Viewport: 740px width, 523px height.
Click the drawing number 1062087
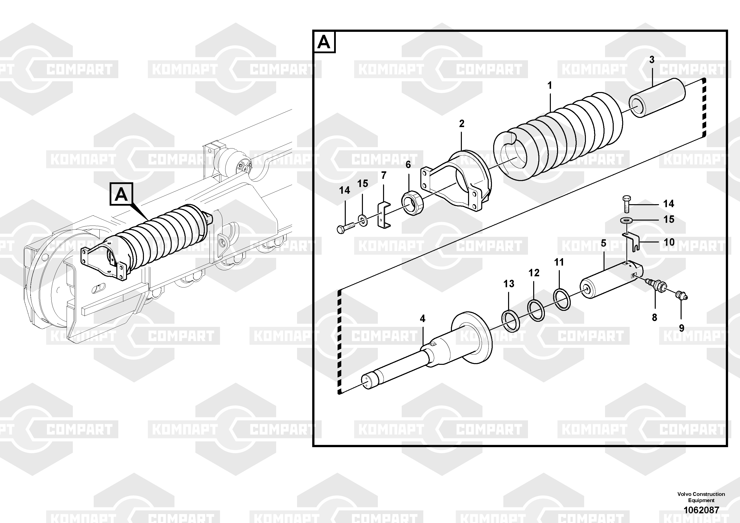[701, 510]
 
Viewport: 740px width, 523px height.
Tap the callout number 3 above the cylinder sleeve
[652, 60]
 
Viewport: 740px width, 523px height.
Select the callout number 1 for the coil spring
[550, 86]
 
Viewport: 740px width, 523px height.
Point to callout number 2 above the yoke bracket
[462, 124]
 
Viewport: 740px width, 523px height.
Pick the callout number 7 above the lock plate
[384, 175]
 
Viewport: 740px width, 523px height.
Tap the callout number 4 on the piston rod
[423, 319]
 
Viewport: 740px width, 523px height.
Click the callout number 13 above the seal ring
[509, 284]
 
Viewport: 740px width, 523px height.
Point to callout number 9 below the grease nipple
[682, 328]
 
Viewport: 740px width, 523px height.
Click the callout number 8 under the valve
[654, 318]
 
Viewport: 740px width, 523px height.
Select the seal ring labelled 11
[562, 299]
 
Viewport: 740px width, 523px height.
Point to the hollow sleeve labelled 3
[657, 98]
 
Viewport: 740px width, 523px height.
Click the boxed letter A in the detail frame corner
[324, 42]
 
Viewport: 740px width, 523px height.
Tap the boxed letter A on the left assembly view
[121, 194]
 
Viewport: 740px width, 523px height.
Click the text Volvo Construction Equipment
[701, 497]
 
